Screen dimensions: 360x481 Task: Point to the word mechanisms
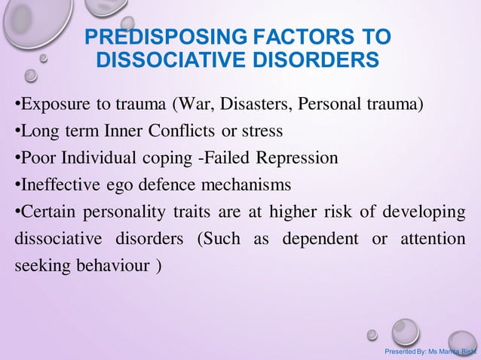pos(248,185)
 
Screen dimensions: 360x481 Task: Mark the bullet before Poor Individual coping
pos(17,159)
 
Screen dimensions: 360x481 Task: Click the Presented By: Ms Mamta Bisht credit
pos(430,352)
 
